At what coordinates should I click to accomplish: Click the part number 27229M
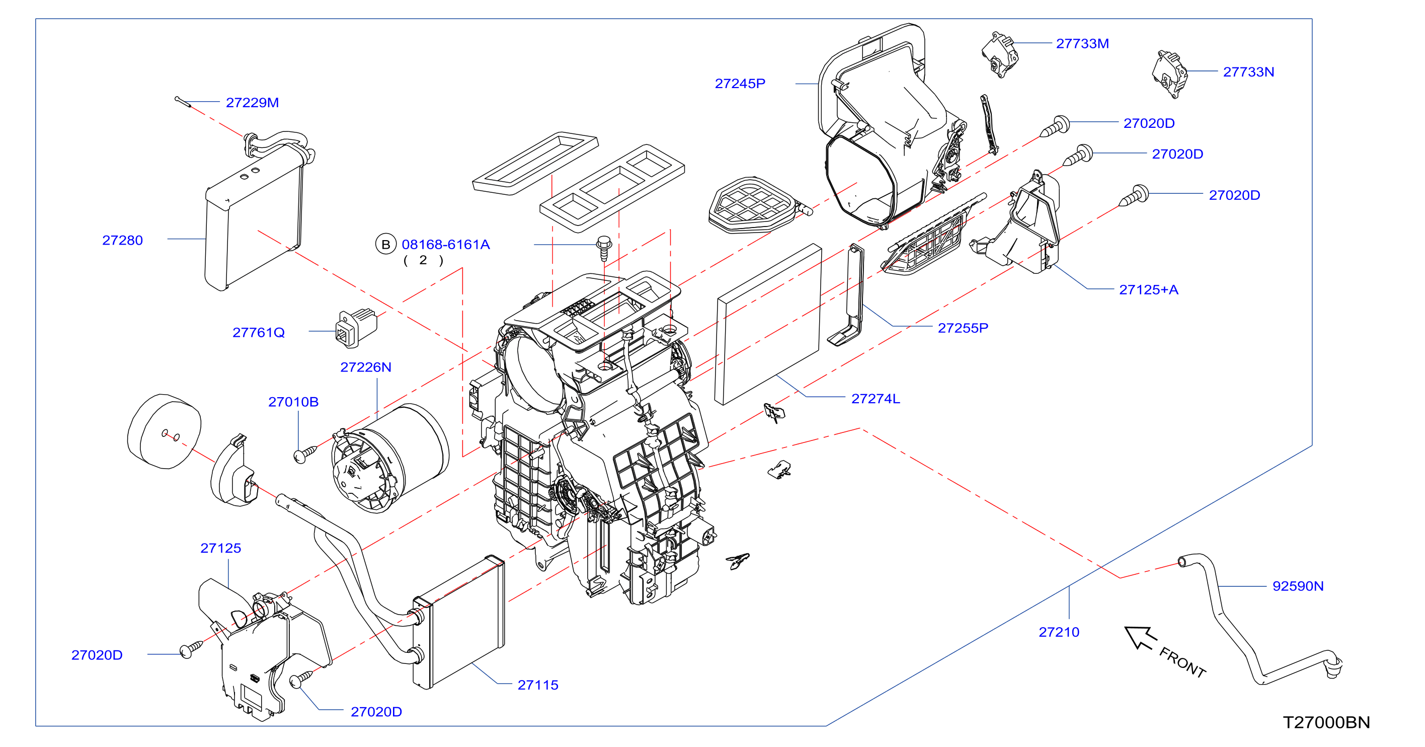252,102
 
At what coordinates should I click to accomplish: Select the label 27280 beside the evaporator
122,240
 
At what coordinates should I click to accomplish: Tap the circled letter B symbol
385,244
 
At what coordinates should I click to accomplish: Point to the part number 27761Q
258,332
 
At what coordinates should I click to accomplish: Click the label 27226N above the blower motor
366,367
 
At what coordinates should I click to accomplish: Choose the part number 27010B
293,402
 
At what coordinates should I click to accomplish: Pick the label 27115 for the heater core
538,685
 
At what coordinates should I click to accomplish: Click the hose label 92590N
1298,585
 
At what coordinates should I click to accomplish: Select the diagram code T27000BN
1326,722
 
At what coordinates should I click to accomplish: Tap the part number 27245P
740,84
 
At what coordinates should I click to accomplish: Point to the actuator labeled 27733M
1000,54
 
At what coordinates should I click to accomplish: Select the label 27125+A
1148,289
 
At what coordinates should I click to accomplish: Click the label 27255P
963,328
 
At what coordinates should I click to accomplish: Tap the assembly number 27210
1059,632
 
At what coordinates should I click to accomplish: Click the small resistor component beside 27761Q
356,328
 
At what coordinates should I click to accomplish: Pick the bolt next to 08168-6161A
603,247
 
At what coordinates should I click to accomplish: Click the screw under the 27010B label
304,454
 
